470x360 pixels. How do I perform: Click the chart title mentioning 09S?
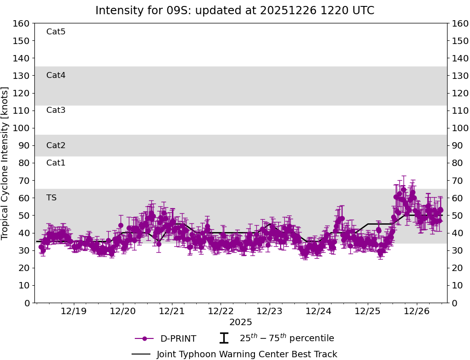[235, 10]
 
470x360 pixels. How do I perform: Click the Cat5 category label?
[56, 32]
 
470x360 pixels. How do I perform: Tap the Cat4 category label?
[56, 75]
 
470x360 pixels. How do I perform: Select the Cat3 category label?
[56, 110]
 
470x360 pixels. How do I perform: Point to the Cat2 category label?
[56, 145]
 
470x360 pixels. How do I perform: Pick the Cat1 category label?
[56, 163]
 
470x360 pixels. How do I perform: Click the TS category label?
[51, 198]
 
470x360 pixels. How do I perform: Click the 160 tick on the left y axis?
[22, 23]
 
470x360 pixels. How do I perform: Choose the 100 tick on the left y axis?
[22, 128]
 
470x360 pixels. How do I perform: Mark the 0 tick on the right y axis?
[454, 303]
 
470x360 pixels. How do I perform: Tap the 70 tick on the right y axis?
[457, 181]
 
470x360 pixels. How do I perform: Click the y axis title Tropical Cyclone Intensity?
[6, 163]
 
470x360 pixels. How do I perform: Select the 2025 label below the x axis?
[241, 322]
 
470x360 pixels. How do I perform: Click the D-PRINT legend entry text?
[178, 339]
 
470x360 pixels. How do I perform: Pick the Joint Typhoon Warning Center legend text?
[247, 354]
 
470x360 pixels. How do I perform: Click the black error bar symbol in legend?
[224, 338]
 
